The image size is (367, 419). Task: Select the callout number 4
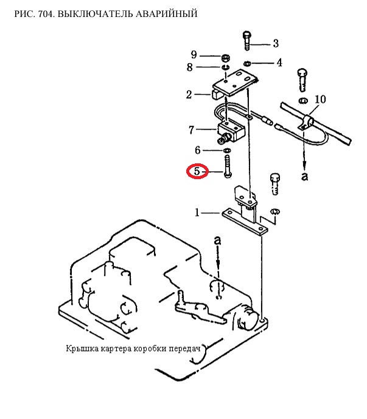click(x=279, y=63)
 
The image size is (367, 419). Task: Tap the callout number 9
click(x=194, y=55)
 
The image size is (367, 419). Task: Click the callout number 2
click(x=189, y=94)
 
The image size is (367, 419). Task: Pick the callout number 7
click(x=191, y=129)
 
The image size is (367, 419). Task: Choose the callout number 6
click(x=197, y=150)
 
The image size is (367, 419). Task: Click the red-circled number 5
click(x=197, y=171)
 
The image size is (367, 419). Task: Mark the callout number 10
click(x=321, y=99)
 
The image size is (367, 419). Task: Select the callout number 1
click(x=197, y=213)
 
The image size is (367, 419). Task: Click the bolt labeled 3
click(x=246, y=41)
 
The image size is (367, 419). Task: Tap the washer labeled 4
click(x=246, y=63)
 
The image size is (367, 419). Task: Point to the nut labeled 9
click(x=223, y=56)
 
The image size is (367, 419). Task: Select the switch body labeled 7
click(x=229, y=130)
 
